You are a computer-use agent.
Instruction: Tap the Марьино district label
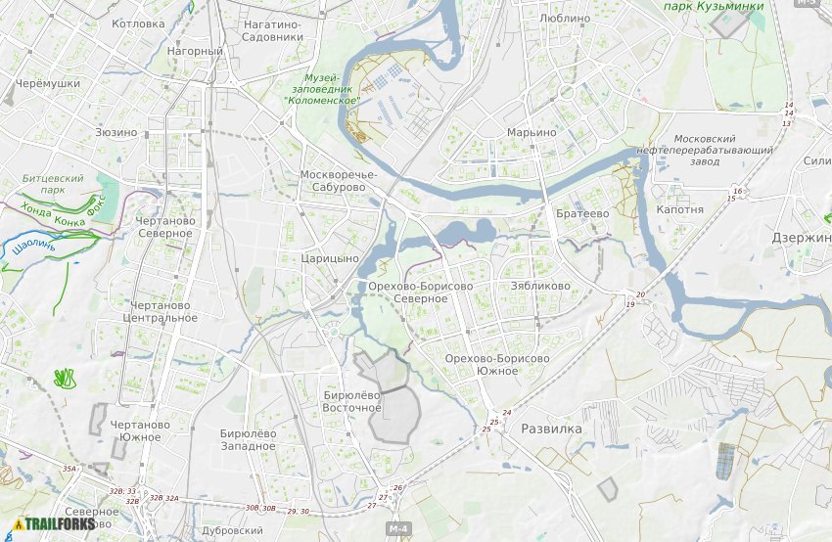[532, 132]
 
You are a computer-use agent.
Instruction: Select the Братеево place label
[582, 213]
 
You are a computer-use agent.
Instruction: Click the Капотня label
[679, 209]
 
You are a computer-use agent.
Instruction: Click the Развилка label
[551, 429]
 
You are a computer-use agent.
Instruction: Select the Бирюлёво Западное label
[248, 439]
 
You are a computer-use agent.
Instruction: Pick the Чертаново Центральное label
[161, 311]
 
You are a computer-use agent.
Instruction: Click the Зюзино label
[116, 131]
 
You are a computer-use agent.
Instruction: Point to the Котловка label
[138, 23]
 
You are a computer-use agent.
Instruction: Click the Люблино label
[565, 18]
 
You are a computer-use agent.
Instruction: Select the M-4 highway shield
[396, 529]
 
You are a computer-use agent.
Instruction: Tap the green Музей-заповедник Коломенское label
[321, 89]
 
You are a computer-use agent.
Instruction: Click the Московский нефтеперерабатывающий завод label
[718, 150]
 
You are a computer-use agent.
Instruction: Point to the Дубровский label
[232, 530]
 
